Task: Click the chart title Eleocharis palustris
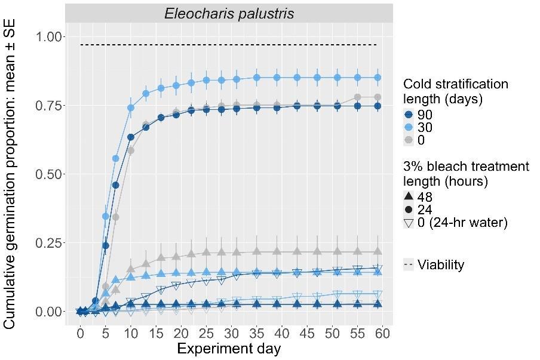pos(229,13)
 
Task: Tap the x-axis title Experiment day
pos(229,349)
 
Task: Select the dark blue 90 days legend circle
pos(409,115)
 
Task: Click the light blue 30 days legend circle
pos(409,127)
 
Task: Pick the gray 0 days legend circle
pos(409,140)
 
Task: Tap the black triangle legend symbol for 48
pos(409,196)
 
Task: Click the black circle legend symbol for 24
pos(409,210)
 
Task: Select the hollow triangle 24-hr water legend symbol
pos(409,223)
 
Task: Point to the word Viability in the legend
pos(441,264)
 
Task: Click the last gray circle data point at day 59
pos(377,97)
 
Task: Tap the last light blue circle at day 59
pos(377,77)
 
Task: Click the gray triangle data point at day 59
pos(377,252)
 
